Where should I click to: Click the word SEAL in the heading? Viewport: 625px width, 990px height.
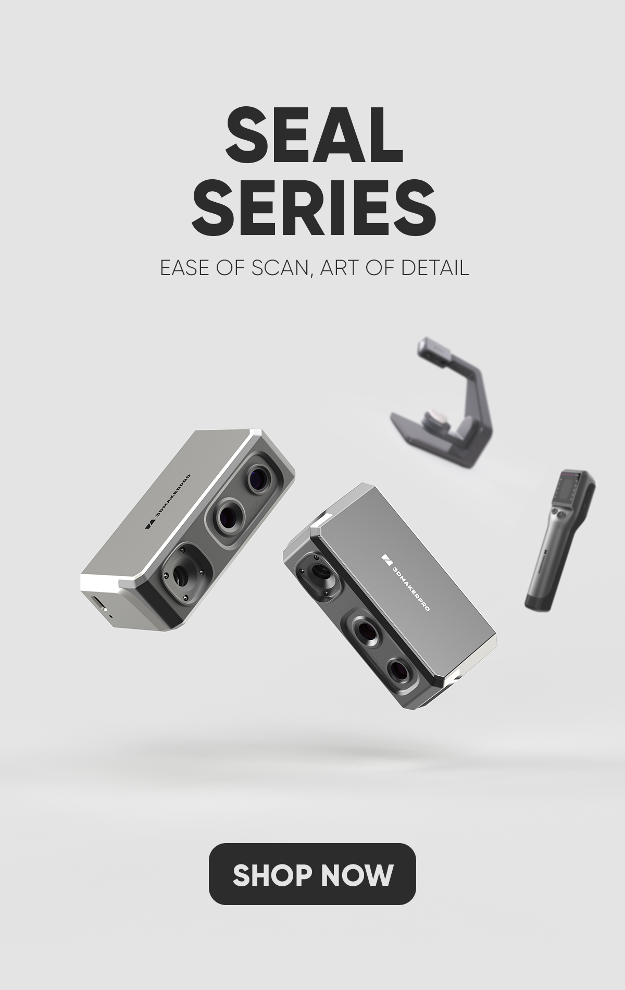314,137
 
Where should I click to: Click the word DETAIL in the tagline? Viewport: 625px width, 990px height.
435,268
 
